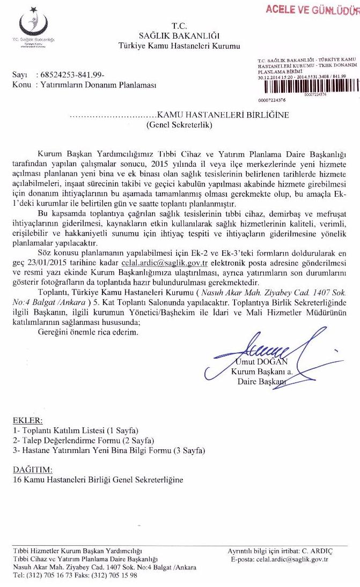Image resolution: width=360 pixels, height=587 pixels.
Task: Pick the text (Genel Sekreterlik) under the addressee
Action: [x=180, y=125]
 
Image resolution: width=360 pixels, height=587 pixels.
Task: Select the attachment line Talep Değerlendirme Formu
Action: [x=76, y=440]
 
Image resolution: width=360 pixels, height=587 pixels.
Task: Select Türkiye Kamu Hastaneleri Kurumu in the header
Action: [x=179, y=47]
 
